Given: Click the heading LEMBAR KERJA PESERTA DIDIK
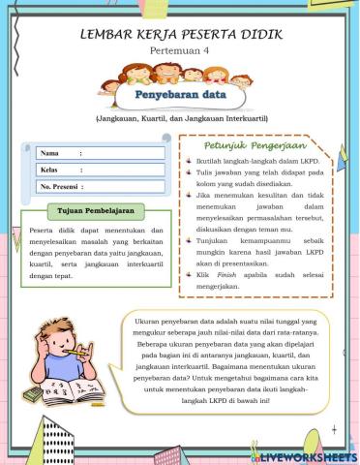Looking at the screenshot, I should point(180,35).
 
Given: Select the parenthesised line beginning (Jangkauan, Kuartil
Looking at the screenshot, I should point(180,119).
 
